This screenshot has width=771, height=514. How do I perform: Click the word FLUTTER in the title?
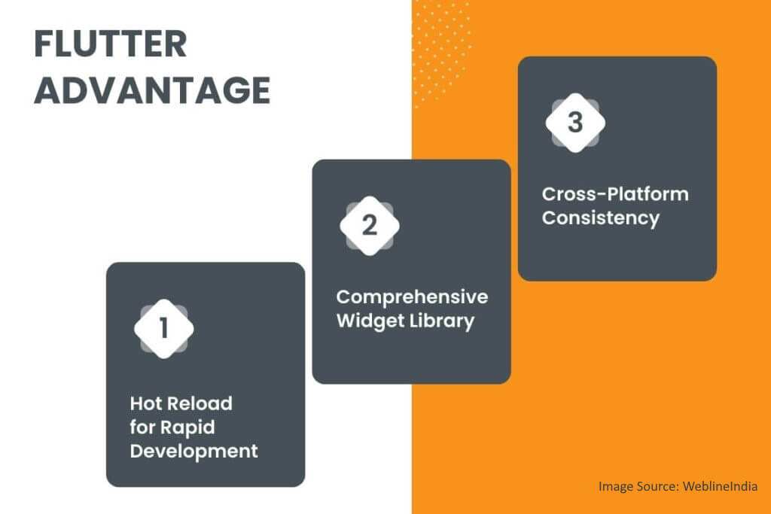[110, 45]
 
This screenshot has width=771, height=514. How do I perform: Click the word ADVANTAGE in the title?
[152, 91]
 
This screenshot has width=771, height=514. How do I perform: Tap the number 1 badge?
[164, 328]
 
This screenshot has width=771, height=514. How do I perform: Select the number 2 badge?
[370, 226]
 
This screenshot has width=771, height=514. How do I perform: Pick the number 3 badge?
[575, 123]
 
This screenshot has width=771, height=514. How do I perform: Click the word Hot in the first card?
[146, 403]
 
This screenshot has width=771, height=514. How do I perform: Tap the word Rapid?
[187, 427]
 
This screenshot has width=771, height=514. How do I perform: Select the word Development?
[194, 452]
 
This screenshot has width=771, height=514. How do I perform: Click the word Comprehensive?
[412, 297]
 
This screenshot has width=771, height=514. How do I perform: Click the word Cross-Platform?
[615, 194]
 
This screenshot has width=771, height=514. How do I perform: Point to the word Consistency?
[601, 218]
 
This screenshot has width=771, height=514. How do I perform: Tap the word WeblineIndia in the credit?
[721, 487]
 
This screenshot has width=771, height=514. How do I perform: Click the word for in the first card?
[142, 427]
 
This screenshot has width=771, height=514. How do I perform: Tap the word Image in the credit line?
[615, 487]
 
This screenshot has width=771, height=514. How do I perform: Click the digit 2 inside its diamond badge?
[370, 226]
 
